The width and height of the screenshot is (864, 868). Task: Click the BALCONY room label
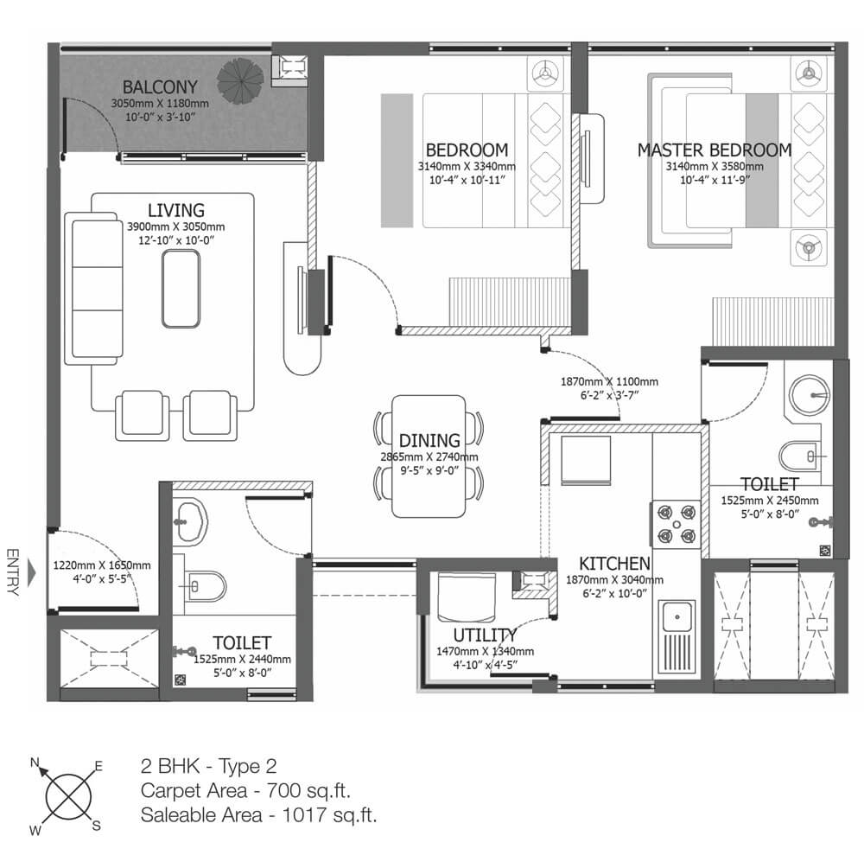(160, 87)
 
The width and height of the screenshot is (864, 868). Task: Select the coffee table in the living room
(181, 289)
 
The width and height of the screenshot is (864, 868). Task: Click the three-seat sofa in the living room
(93, 289)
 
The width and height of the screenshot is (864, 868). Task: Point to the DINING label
(429, 441)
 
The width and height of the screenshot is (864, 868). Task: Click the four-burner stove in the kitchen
(676, 524)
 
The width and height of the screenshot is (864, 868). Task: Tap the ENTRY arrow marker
(31, 572)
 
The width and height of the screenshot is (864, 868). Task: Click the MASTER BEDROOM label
(715, 150)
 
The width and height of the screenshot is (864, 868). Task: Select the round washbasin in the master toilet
(809, 395)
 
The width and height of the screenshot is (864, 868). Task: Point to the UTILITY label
(485, 635)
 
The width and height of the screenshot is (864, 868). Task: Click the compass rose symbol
(68, 797)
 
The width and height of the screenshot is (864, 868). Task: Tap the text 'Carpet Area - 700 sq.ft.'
(245, 790)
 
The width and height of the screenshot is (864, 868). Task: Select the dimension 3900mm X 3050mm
(176, 227)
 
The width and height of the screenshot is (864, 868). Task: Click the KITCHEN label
(614, 564)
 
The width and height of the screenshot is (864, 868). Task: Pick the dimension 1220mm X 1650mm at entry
(102, 565)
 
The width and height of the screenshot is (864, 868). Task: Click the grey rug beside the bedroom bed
(397, 161)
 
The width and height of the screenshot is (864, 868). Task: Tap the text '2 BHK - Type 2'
(208, 766)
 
